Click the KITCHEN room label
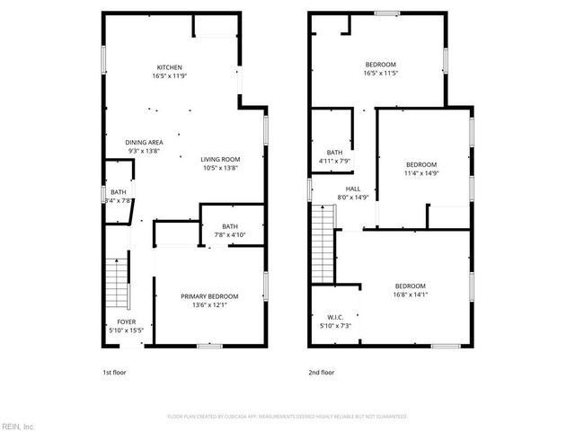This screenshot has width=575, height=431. point(170,67)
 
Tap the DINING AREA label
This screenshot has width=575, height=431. point(144,142)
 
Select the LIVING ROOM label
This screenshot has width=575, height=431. point(220,159)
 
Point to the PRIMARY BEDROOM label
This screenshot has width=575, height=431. point(209,296)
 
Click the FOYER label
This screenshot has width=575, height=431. point(127,322)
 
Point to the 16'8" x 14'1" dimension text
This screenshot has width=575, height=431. point(410,294)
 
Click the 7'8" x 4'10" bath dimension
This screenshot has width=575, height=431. point(231,234)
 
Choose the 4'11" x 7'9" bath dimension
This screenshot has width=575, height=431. point(334,161)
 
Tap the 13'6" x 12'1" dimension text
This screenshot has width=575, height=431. point(209,304)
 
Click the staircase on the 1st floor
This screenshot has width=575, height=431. point(117,283)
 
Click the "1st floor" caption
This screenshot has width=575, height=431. point(112,372)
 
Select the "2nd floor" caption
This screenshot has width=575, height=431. point(321,372)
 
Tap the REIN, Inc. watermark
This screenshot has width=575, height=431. point(18,425)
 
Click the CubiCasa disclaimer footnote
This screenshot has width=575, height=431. point(287,417)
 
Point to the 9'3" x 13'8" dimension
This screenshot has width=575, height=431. point(144,150)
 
